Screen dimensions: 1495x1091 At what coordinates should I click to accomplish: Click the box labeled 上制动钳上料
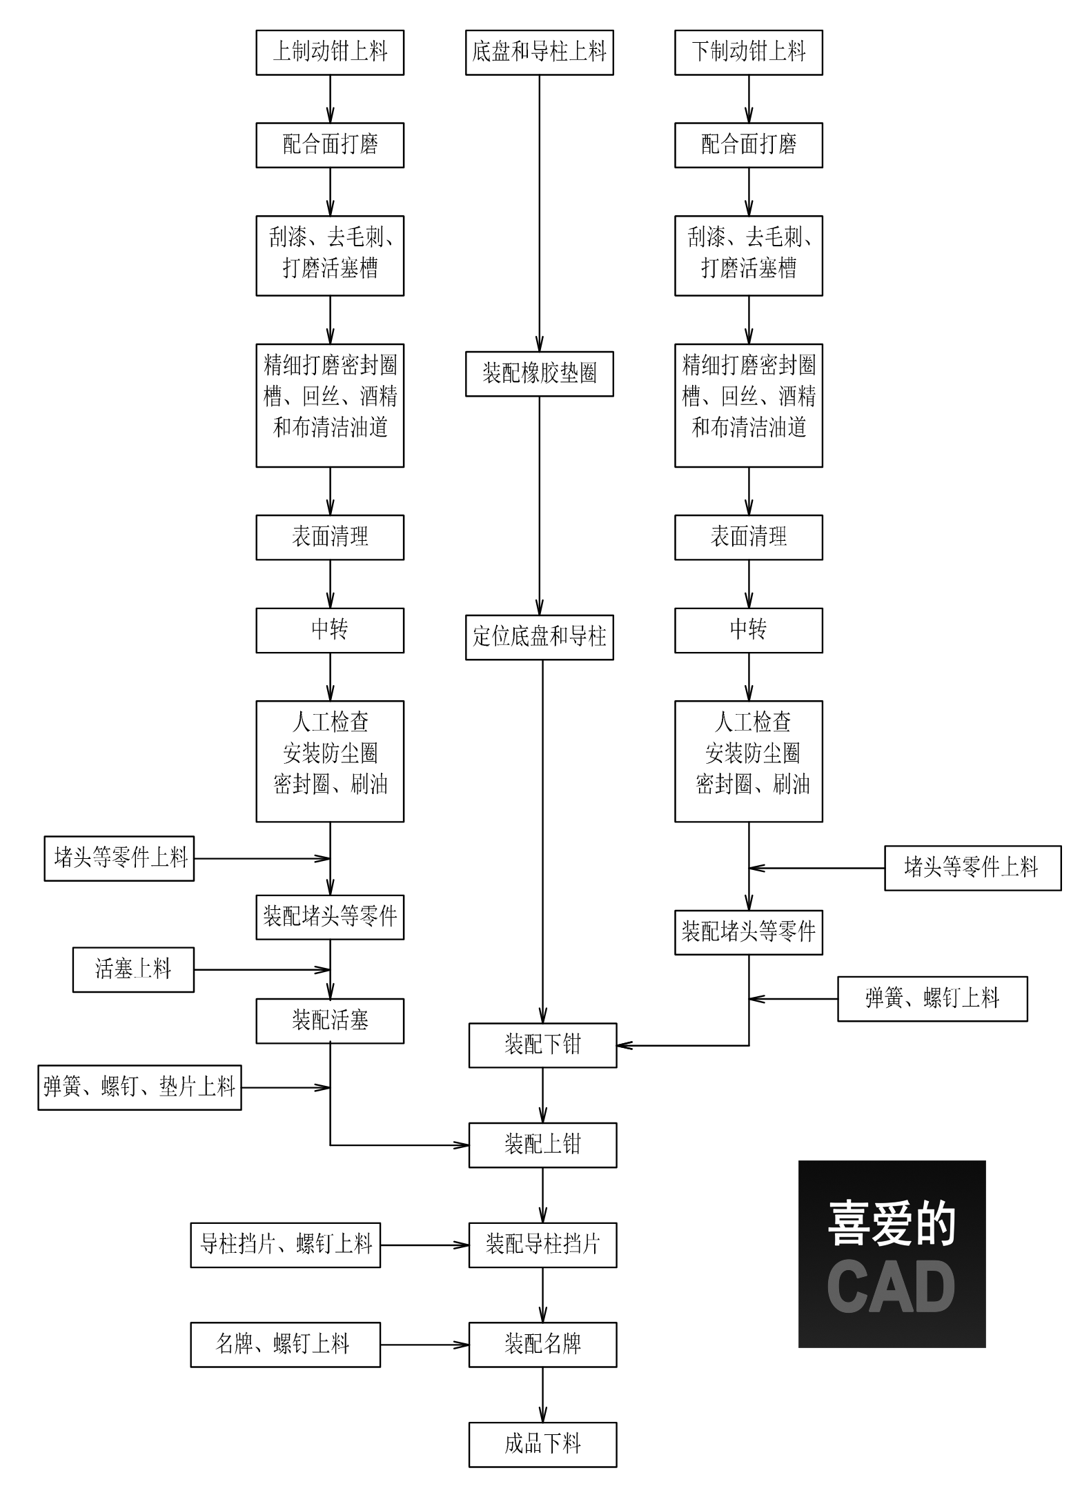point(330,52)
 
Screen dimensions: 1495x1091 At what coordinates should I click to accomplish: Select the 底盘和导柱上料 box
point(539,52)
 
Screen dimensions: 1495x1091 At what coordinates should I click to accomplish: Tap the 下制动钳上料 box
point(748,52)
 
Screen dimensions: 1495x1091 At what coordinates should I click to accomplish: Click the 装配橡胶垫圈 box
point(539,374)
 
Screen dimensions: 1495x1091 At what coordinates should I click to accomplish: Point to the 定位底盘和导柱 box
point(539,637)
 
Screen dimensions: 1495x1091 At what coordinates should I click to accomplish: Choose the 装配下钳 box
point(542,1045)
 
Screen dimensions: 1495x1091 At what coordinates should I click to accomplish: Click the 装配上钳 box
point(542,1145)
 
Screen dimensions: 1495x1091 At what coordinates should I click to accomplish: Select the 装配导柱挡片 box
point(542,1245)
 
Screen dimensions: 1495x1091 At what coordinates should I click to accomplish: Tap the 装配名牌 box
point(542,1345)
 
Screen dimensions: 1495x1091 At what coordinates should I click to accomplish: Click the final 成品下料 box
point(542,1445)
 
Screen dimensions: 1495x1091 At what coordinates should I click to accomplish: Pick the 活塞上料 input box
point(133,969)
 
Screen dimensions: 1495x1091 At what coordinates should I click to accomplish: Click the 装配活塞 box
point(330,1020)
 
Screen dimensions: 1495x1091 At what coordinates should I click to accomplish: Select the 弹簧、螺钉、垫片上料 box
point(139,1087)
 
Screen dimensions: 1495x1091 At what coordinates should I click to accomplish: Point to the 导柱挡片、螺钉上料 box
point(285,1245)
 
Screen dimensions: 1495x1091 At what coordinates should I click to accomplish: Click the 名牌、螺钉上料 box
point(285,1345)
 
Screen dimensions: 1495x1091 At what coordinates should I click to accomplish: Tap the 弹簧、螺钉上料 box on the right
point(932,998)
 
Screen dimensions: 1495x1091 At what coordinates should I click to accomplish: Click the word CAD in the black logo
point(891,1287)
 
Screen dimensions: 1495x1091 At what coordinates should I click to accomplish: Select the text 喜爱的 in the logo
point(891,1224)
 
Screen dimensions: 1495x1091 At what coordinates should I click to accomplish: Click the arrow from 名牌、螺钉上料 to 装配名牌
point(424,1345)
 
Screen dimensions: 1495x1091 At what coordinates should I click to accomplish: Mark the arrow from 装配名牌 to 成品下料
point(542,1395)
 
